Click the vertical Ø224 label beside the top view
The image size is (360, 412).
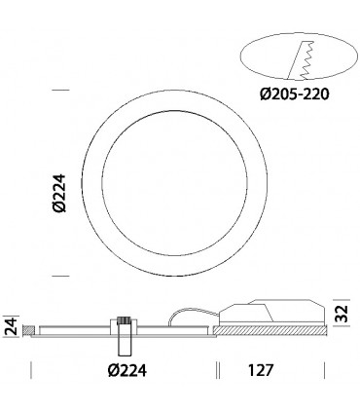point(58,184)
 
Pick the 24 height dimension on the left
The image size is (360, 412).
point(11,325)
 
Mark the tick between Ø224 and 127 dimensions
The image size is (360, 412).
point(215,370)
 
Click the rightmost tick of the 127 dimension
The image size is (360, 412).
point(324,370)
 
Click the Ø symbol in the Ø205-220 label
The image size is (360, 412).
point(266,94)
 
